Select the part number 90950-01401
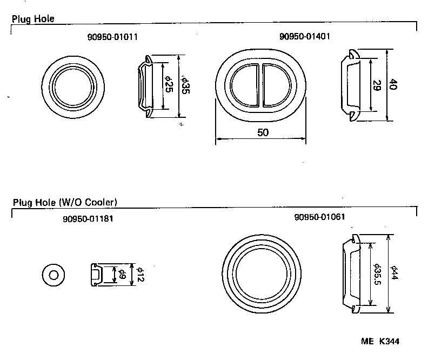point(305,37)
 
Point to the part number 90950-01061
point(320,217)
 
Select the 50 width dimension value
point(262,132)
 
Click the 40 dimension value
point(394,85)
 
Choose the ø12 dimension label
point(139,275)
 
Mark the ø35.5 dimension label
point(377,275)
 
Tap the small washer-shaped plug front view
point(53,275)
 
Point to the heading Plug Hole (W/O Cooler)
point(65,203)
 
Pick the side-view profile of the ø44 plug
point(351,275)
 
